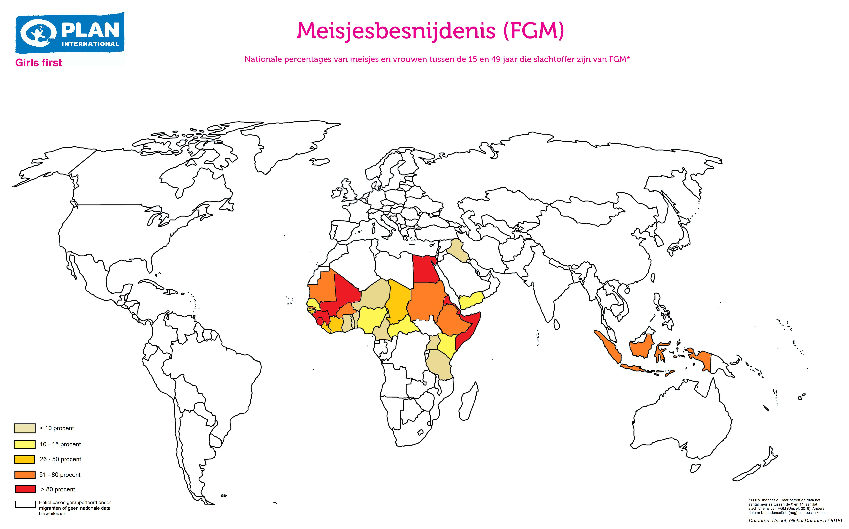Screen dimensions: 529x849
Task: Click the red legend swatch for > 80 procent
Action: click(25, 489)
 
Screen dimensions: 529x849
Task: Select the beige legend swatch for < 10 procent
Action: click(25, 428)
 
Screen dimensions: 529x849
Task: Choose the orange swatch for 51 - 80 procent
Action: click(25, 474)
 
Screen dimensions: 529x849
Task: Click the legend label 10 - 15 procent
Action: click(60, 444)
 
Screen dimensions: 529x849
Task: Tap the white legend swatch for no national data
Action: click(25, 504)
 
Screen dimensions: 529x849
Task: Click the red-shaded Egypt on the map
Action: click(424, 269)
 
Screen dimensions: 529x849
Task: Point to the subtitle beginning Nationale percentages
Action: click(437, 59)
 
